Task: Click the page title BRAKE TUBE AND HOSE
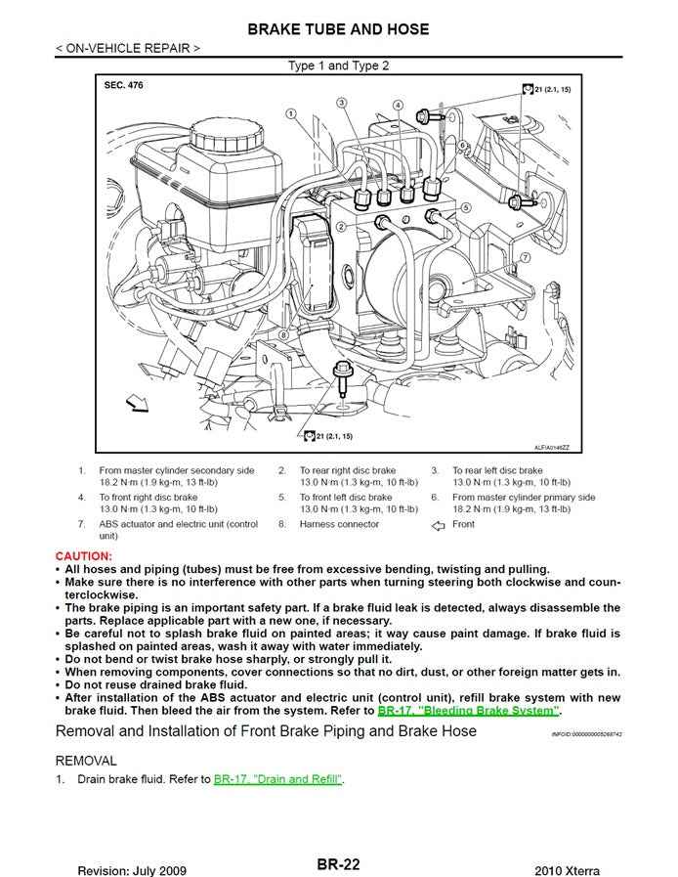point(338,29)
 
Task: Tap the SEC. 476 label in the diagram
point(123,86)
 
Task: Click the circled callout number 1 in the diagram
point(291,114)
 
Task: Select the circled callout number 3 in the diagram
point(341,103)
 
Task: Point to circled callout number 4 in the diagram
point(399,105)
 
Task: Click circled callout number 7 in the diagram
point(525,257)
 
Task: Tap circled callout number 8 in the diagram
point(282,334)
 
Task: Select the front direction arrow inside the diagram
point(137,402)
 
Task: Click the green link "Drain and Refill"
point(278,779)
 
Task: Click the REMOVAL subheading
point(86,760)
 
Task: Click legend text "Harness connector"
point(339,524)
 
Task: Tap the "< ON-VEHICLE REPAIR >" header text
point(129,47)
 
